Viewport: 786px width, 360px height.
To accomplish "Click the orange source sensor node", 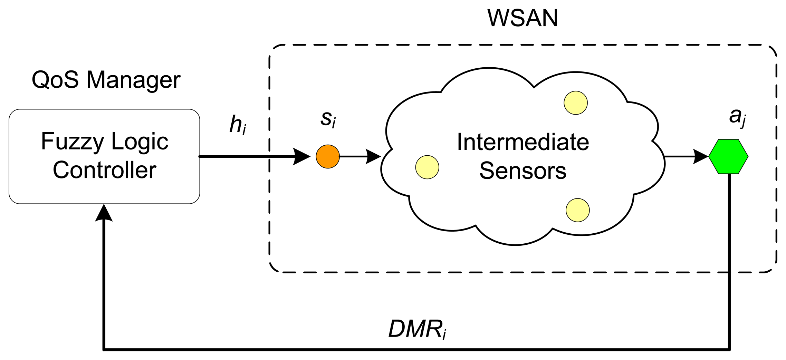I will coord(327,156).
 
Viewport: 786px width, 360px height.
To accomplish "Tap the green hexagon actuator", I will coord(728,156).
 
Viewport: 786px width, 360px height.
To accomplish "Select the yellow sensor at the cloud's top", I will coord(575,103).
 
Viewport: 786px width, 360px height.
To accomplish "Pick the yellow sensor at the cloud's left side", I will coord(427,167).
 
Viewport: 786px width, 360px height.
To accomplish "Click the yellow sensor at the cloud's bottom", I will coord(577,210).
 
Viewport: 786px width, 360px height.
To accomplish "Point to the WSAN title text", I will coord(523,18).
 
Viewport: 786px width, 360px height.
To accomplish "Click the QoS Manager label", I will coord(106,80).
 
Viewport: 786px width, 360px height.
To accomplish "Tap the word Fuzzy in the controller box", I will coord(72,142).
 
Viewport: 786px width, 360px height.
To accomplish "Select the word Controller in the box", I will coord(104,170).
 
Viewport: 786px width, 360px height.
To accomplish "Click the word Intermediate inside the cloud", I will coord(523,142).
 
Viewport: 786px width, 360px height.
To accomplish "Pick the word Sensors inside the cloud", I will coord(523,171).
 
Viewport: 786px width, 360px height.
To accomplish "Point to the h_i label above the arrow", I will coord(238,125).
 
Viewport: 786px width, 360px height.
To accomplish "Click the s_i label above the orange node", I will coord(328,119).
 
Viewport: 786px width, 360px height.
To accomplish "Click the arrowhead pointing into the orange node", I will coord(301,156).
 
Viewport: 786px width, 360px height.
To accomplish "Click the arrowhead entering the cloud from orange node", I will coord(373,156).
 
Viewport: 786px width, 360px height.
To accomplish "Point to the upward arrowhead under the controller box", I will coord(104,212).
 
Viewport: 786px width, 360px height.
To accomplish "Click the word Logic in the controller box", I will coord(140,142).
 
